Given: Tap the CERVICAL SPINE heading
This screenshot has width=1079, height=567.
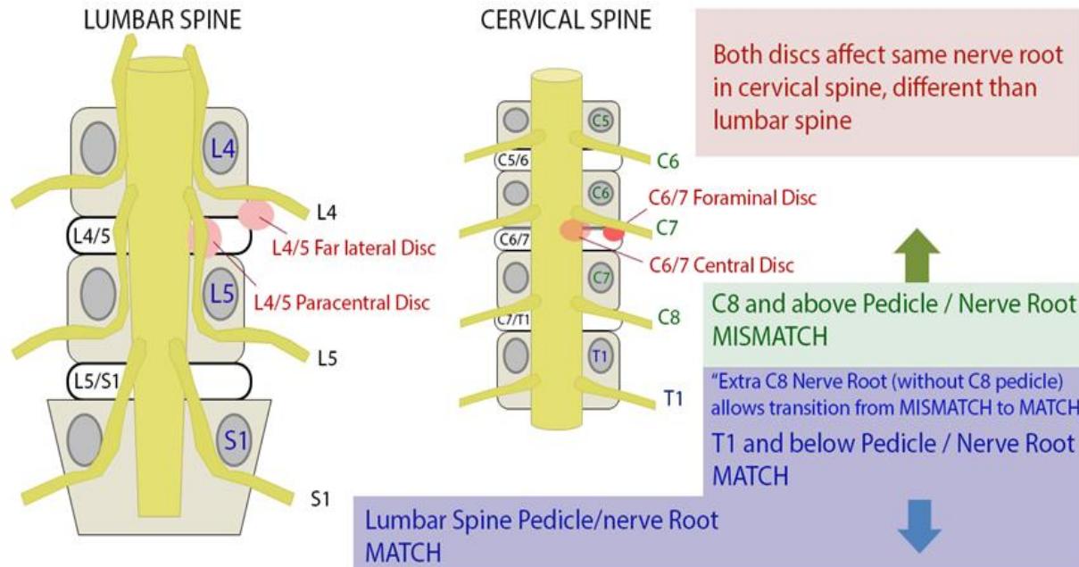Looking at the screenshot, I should [566, 21].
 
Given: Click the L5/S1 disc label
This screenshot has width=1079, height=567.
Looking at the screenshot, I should [93, 381].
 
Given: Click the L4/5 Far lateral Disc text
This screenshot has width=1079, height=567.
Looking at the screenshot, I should [354, 248].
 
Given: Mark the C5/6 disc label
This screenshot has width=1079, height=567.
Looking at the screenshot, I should [511, 161].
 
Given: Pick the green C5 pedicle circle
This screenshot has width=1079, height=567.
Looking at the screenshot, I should [602, 120].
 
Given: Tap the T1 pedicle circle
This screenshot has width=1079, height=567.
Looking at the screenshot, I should [602, 355].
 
